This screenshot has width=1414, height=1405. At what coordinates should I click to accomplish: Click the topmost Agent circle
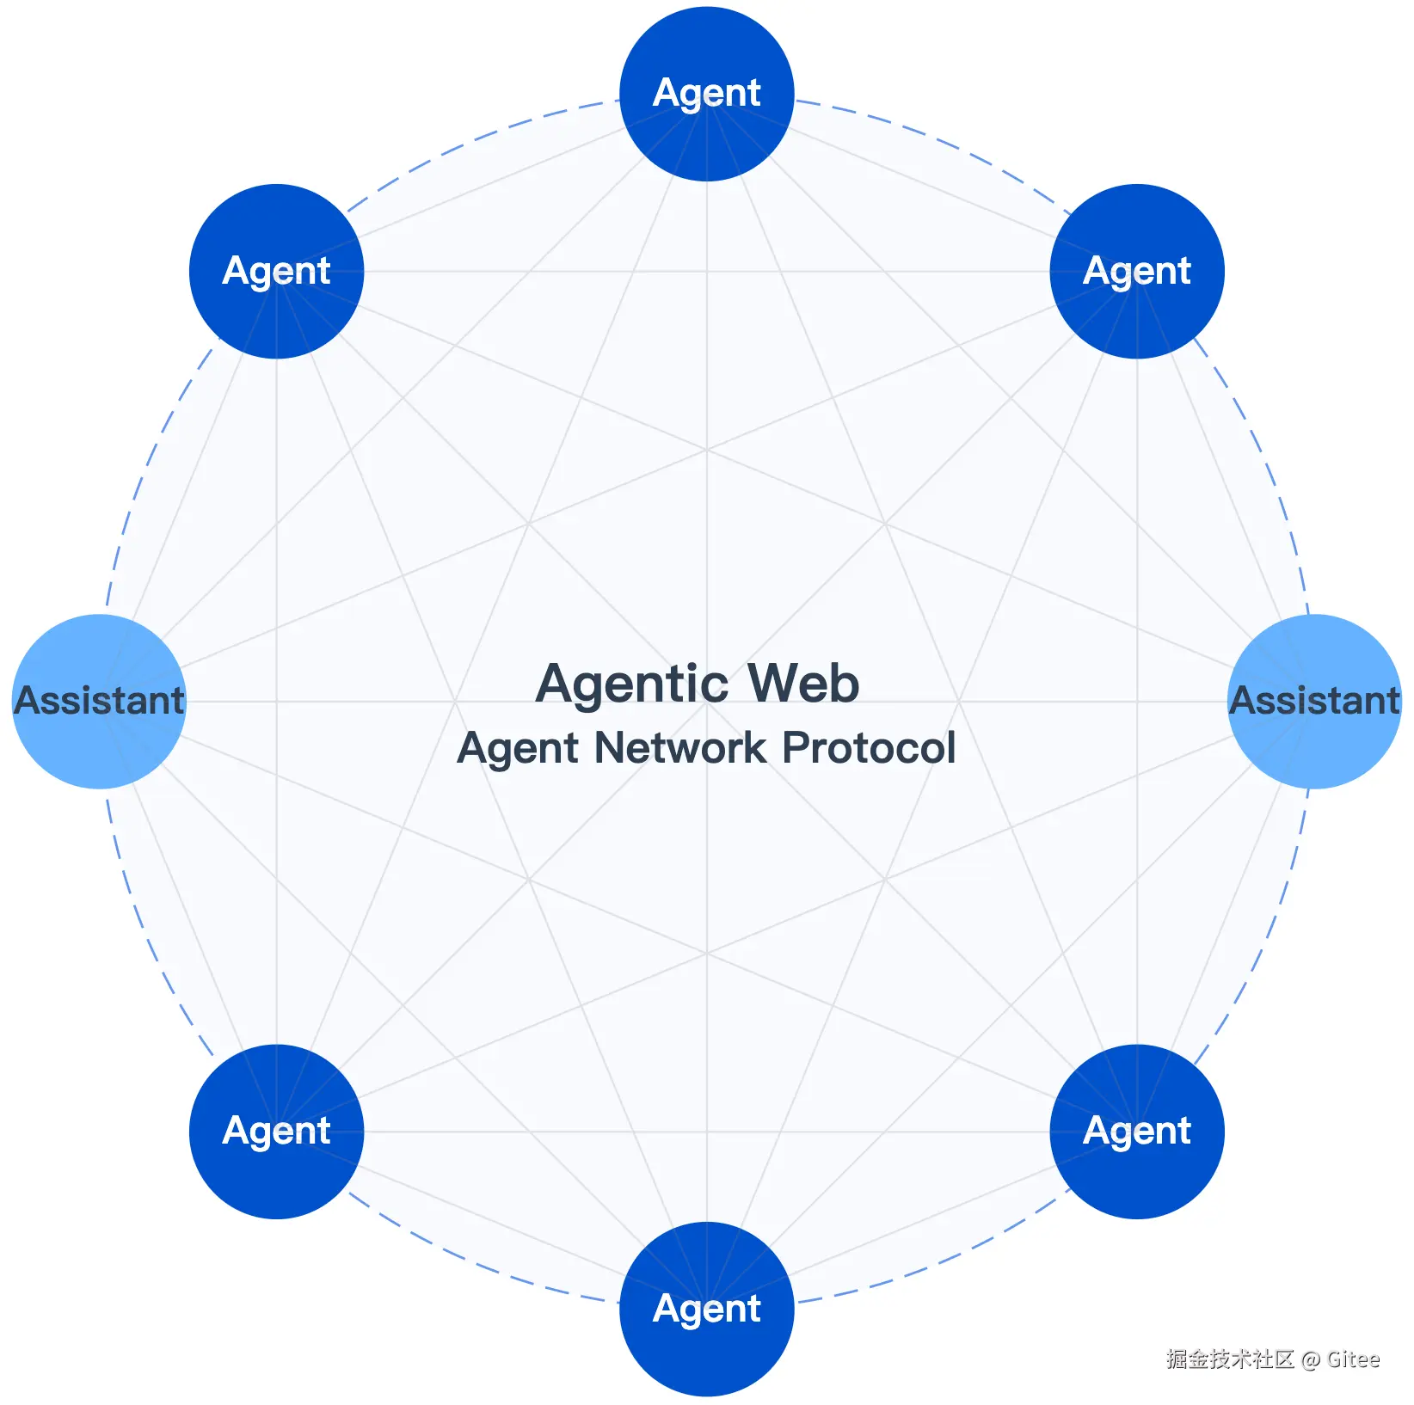[x=707, y=94]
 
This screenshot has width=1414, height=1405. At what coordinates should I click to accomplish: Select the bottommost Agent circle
[x=707, y=1309]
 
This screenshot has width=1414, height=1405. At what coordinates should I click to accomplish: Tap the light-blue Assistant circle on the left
[x=100, y=701]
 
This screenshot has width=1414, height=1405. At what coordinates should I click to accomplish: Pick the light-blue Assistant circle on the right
[x=1314, y=701]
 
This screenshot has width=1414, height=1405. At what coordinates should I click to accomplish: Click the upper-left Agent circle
[x=277, y=271]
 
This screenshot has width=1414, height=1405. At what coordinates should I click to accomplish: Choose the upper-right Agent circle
[x=1137, y=271]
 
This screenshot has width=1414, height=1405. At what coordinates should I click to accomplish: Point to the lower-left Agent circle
[x=277, y=1131]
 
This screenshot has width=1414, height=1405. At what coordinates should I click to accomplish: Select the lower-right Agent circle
[x=1137, y=1131]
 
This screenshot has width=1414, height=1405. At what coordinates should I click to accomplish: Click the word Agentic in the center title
[x=631, y=684]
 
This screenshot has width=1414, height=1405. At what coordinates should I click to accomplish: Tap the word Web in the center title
[x=803, y=683]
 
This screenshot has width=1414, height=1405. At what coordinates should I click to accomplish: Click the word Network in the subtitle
[x=680, y=747]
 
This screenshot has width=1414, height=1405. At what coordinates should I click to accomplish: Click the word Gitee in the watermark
[x=1353, y=1359]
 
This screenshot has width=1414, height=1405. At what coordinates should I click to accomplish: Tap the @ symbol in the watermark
[x=1310, y=1359]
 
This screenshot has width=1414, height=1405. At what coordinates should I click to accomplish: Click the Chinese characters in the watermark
[x=1230, y=1359]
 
